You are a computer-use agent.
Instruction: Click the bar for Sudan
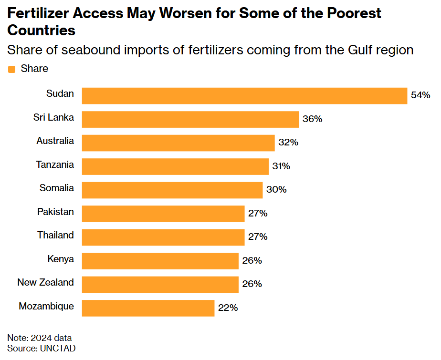tap(244, 95)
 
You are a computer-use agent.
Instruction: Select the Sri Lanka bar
tap(190, 119)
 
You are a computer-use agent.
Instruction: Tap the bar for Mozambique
tap(148, 308)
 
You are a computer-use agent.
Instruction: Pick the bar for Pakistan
tap(163, 213)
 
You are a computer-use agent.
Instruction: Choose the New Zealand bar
tap(160, 284)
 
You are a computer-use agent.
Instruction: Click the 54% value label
tap(420, 95)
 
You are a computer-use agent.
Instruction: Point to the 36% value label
tap(312, 119)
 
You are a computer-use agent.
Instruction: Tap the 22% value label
tap(228, 308)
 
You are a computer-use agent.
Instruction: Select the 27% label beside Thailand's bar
tap(258, 237)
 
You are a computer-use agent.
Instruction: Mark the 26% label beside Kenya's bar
tap(252, 260)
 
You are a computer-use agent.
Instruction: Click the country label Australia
tap(55, 141)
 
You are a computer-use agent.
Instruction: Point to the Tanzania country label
tap(55, 165)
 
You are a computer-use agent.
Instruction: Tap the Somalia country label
tap(57, 188)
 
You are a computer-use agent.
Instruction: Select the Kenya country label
tap(61, 259)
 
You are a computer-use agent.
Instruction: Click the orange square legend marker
tap(12, 69)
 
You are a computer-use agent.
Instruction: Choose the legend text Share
tap(34, 69)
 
